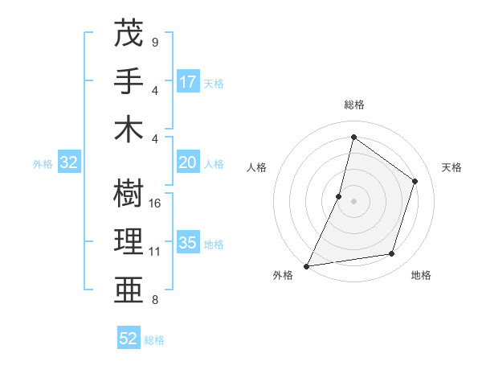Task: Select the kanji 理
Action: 129,241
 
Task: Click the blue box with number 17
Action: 188,82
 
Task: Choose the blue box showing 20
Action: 188,163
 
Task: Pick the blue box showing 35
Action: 188,243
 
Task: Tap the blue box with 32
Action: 69,163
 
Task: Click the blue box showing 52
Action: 129,339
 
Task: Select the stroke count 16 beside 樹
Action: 156,203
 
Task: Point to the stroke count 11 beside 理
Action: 155,252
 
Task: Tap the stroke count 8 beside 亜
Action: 154,301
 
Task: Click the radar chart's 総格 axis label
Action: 353,105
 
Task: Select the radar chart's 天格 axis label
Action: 452,167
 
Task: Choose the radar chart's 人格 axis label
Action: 256,167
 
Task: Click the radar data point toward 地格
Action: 392,254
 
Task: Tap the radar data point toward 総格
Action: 353,137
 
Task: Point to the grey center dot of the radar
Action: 353,201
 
